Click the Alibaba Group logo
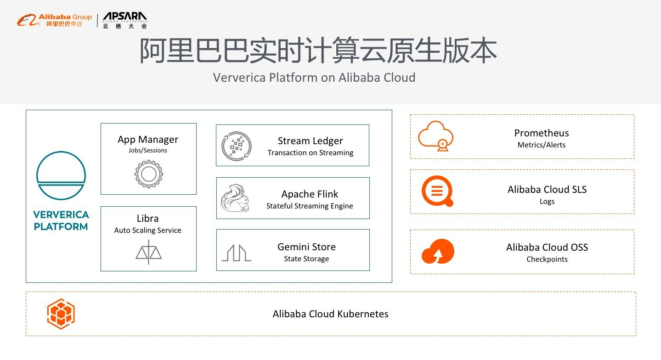point(54,20)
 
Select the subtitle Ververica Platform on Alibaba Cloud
point(314,77)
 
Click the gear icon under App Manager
point(148,174)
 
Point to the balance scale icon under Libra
point(148,252)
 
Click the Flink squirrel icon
point(235,198)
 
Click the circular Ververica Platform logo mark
point(61,175)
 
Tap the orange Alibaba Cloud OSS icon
point(437,251)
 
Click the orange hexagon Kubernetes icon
point(61,314)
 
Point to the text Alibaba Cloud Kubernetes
point(330,314)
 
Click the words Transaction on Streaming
point(311,153)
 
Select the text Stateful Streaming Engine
point(310,206)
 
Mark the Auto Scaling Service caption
point(147,231)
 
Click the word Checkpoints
point(547,259)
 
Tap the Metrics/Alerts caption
point(542,145)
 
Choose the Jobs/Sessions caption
point(148,151)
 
